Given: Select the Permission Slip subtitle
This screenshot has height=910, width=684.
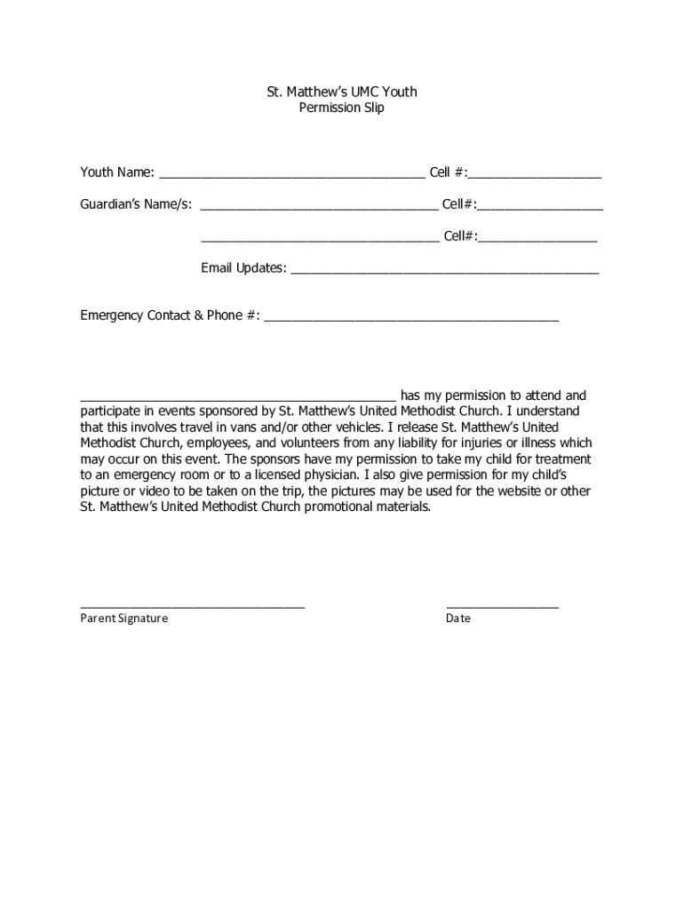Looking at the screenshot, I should click(x=342, y=108).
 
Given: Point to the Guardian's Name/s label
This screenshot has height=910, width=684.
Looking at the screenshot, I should click(x=136, y=204).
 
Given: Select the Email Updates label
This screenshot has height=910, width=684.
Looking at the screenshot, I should click(x=243, y=268).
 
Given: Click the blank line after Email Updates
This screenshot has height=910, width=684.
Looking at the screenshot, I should click(x=445, y=273).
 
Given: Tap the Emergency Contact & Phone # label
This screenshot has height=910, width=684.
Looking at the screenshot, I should click(x=170, y=315).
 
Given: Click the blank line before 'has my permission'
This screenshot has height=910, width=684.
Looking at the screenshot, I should click(x=238, y=400).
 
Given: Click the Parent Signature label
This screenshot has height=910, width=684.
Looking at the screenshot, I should click(x=123, y=619).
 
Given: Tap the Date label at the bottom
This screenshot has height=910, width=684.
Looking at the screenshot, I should click(x=458, y=619).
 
